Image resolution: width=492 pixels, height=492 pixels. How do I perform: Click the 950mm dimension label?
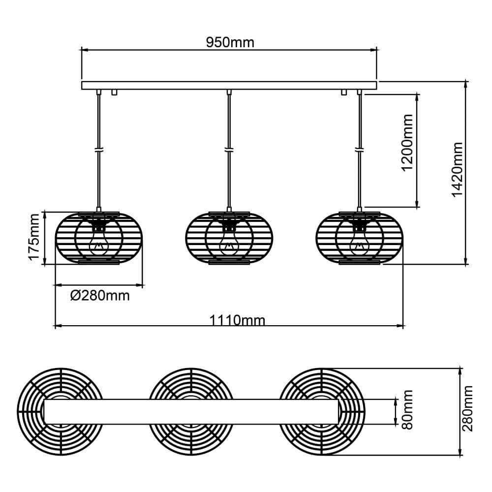(230, 42)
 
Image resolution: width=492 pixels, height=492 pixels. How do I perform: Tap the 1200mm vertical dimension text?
(407, 143)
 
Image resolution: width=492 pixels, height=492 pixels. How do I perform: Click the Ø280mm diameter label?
(100, 295)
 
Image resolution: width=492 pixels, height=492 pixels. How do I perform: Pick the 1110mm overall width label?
(237, 321)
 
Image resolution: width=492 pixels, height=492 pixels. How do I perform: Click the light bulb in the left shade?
(99, 243)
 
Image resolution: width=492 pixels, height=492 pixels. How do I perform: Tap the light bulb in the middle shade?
(229, 243)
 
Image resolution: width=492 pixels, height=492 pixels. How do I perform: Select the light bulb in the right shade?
(359, 243)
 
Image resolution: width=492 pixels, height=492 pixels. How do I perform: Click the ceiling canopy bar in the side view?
(229, 85)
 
